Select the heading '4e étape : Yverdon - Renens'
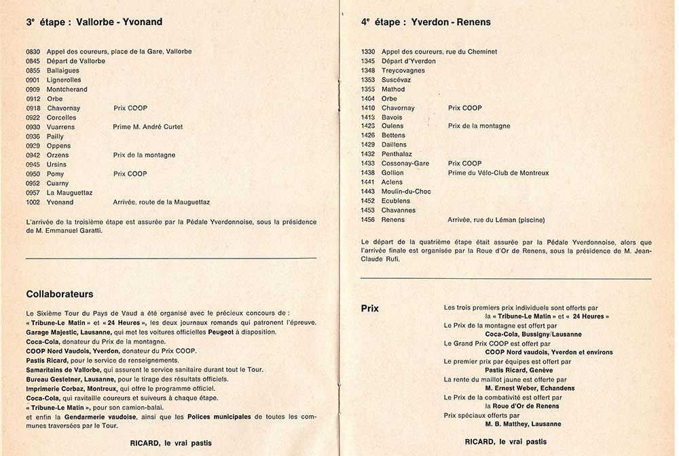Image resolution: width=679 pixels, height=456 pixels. point(426,22)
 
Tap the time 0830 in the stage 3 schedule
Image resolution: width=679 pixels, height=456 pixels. point(33,52)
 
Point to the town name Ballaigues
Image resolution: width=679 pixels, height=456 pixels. point(62,71)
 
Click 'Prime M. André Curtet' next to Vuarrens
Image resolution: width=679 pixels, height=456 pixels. point(147,127)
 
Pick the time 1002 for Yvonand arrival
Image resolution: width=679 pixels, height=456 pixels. point(33,202)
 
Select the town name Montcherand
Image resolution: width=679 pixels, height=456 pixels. point(67,90)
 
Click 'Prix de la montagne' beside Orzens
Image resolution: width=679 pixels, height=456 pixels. point(144,155)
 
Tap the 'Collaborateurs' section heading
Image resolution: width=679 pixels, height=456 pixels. point(60,294)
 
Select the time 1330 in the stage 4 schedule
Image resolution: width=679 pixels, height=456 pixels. point(368,52)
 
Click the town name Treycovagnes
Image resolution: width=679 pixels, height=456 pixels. point(403,71)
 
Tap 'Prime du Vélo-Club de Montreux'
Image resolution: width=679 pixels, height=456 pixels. point(498,173)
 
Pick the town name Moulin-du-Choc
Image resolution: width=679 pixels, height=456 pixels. point(406,191)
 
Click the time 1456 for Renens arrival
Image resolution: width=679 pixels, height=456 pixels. point(368,220)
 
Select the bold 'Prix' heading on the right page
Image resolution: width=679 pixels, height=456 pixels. point(370,309)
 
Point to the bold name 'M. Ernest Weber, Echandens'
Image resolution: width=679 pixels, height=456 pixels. point(530,388)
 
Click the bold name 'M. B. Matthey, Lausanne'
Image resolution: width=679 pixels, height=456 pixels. point(523,424)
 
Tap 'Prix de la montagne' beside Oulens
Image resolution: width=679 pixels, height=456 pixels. point(479,126)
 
